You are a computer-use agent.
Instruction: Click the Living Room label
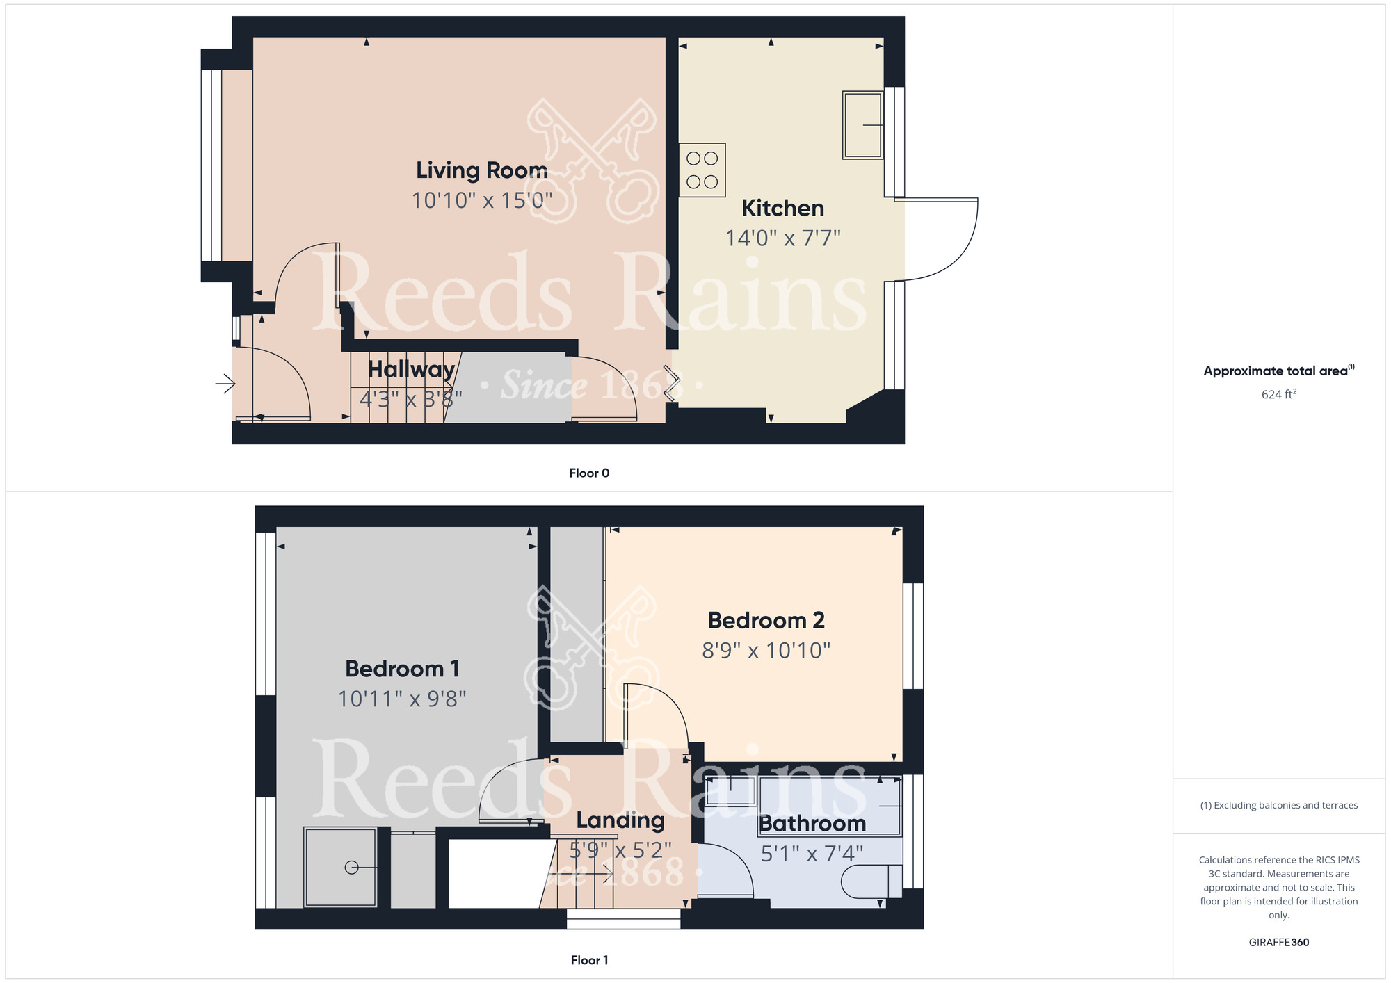(x=482, y=170)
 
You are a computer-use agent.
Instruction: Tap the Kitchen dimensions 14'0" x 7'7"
(x=783, y=238)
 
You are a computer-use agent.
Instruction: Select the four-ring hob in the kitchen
(x=702, y=170)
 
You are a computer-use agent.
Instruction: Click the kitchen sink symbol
(x=863, y=125)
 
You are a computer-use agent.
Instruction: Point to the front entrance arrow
(x=225, y=383)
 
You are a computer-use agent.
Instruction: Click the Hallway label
(x=412, y=369)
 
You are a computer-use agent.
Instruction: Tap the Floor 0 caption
(x=589, y=473)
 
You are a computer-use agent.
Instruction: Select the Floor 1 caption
(x=589, y=960)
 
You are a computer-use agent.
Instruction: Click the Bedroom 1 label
(x=403, y=669)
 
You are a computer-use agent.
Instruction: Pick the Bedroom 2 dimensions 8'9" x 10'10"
(x=766, y=651)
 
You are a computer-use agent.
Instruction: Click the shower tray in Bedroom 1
(x=341, y=867)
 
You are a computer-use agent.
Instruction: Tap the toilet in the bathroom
(x=871, y=883)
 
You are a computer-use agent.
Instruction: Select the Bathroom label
(x=812, y=824)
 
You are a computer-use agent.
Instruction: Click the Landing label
(x=620, y=821)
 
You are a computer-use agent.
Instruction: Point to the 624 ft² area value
(x=1279, y=394)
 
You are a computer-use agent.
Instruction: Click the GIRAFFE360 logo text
(x=1279, y=943)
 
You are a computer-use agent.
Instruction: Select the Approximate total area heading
(x=1279, y=371)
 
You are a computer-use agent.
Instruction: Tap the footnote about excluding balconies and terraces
(x=1279, y=805)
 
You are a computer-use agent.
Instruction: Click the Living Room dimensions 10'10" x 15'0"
(x=482, y=201)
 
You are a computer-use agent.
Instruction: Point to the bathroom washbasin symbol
(x=731, y=791)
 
